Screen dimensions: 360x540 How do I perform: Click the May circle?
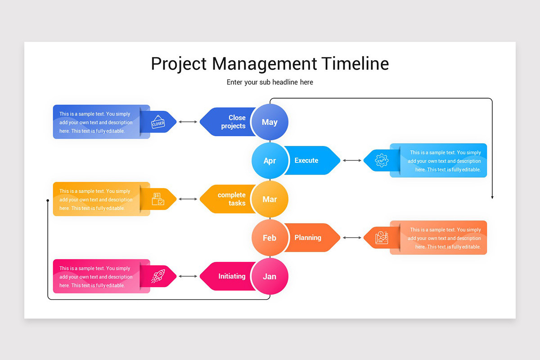[270, 122]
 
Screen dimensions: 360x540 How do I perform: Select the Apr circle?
[270, 161]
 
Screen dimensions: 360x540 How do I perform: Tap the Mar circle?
[270, 199]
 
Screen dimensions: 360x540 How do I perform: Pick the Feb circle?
[270, 238]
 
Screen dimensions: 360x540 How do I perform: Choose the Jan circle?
[270, 276]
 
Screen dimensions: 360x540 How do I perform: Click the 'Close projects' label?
[233, 122]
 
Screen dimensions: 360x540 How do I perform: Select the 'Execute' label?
[306, 161]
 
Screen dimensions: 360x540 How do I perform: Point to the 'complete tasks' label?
[231, 199]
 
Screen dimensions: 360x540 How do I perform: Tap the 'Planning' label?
[308, 238]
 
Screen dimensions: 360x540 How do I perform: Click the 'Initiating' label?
[232, 276]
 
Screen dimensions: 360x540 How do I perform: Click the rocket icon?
[158, 276]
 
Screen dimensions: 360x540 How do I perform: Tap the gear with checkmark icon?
[382, 161]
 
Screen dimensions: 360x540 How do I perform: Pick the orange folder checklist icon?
[158, 199]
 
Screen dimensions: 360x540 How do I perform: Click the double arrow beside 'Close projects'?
[188, 122]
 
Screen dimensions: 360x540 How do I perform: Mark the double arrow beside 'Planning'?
[352, 238]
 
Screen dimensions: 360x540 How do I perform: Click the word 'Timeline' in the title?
[355, 63]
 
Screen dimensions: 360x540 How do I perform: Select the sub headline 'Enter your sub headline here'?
[270, 82]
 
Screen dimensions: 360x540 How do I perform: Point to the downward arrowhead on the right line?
[492, 197]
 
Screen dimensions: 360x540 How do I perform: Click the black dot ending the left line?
[48, 200]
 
